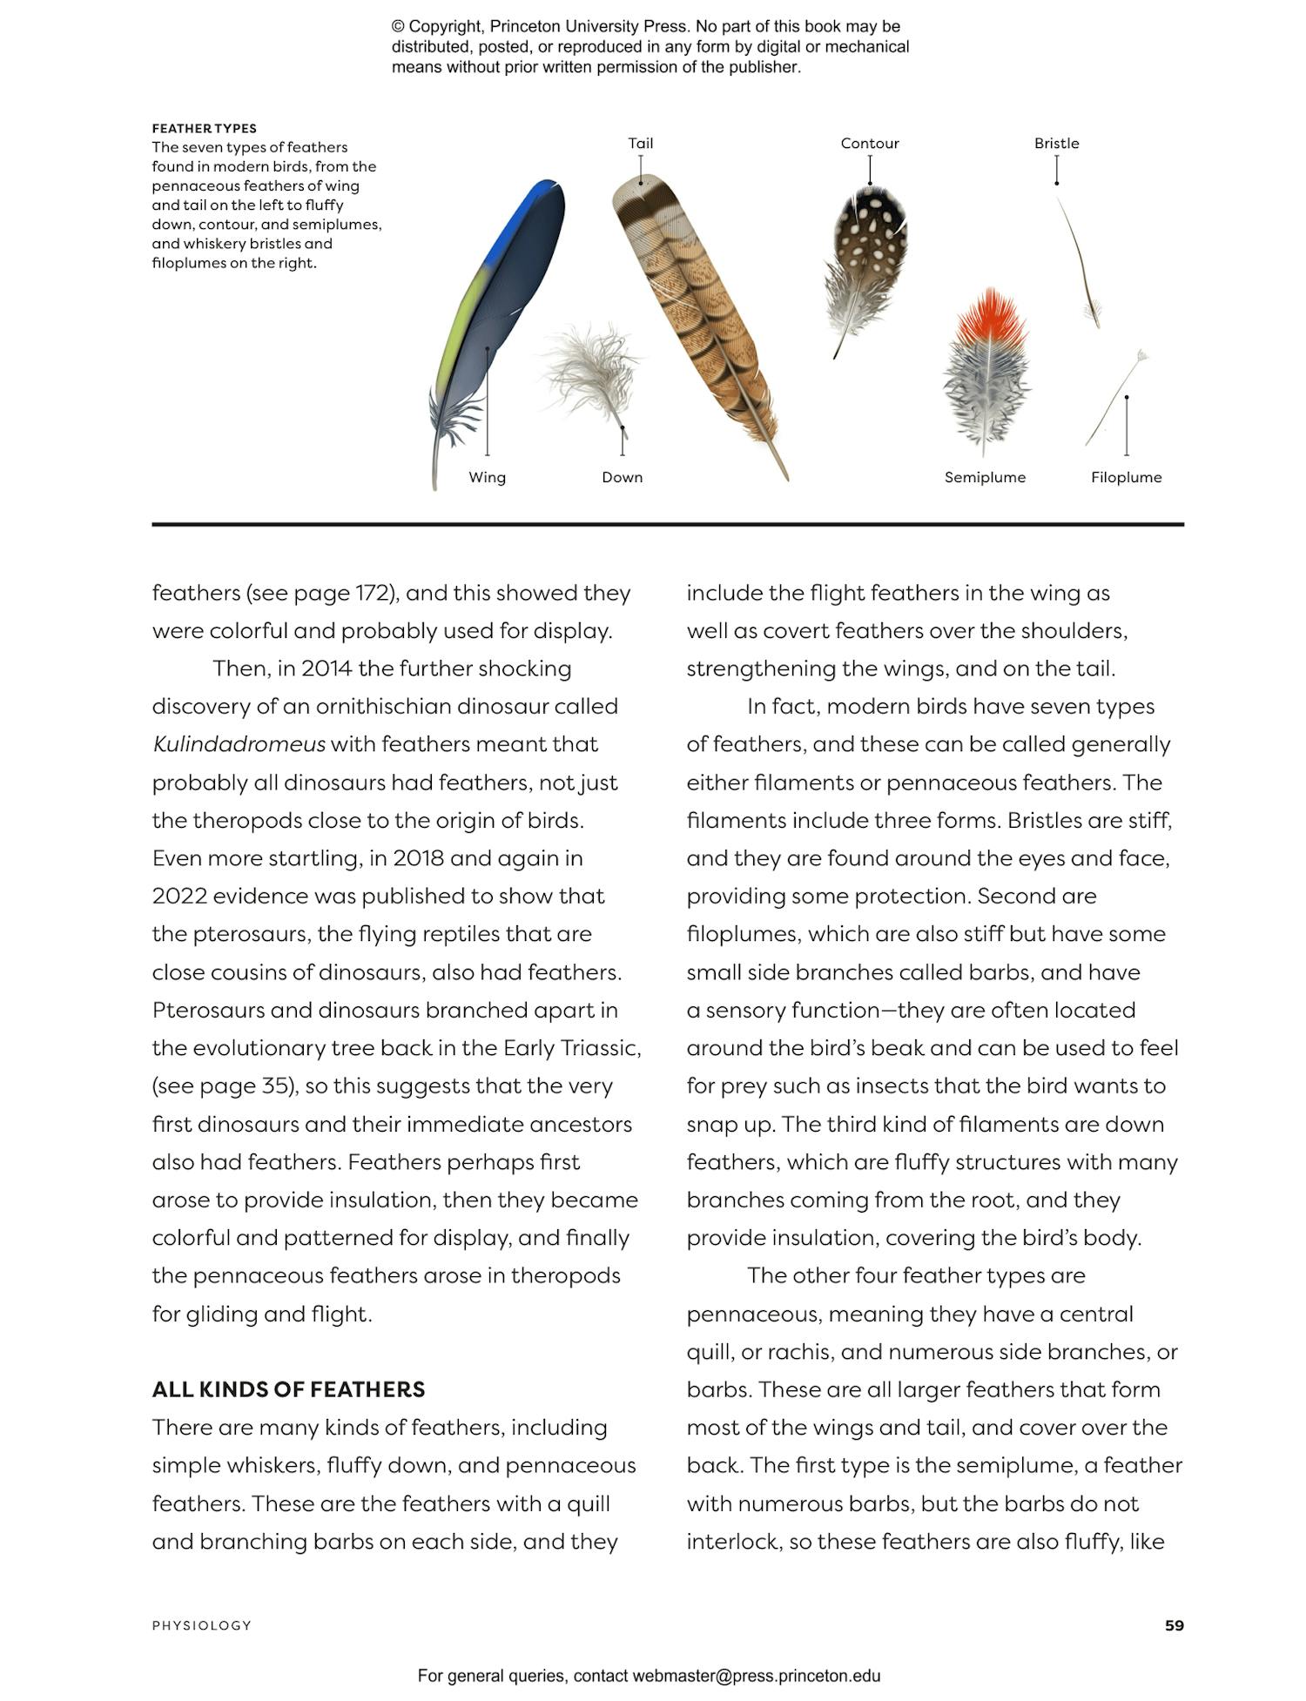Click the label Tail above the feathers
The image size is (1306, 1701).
click(640, 144)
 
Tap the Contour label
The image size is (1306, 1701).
click(869, 144)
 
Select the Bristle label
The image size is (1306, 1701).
click(1056, 144)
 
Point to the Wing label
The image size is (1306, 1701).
click(487, 477)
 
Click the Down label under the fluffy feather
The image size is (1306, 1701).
click(622, 477)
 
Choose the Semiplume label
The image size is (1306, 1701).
click(985, 477)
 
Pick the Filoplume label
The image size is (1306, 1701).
click(1126, 477)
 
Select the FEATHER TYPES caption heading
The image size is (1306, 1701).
click(204, 128)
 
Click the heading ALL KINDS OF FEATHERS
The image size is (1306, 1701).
click(288, 1389)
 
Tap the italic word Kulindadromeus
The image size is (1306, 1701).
click(239, 744)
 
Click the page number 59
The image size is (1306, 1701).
click(1174, 1625)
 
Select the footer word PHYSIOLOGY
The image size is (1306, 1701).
click(201, 1625)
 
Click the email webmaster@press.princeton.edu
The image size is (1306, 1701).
click(756, 1676)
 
